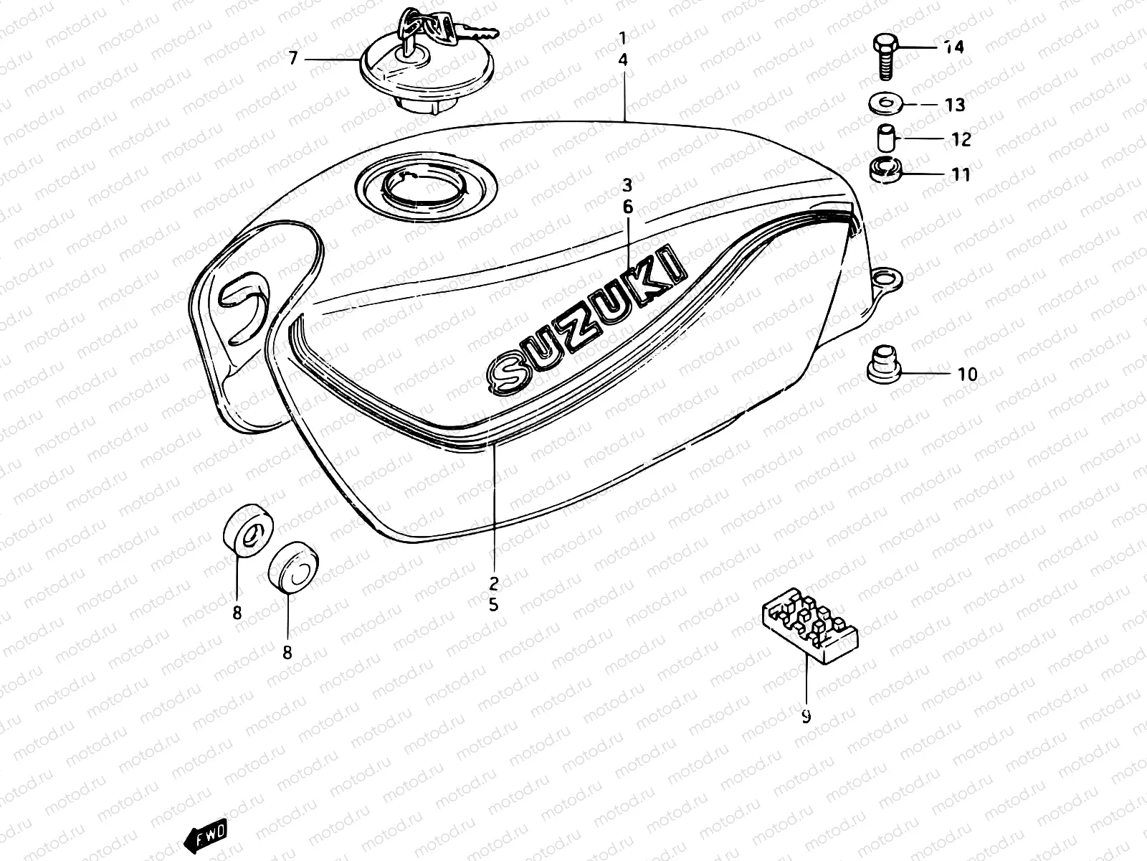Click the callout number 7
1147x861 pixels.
click(292, 59)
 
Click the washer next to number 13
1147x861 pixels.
click(887, 103)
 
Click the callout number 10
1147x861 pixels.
click(967, 374)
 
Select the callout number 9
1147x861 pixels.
click(806, 716)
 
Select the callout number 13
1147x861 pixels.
click(955, 105)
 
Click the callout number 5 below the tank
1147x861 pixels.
click(493, 604)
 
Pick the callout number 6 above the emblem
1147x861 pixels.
click(628, 207)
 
